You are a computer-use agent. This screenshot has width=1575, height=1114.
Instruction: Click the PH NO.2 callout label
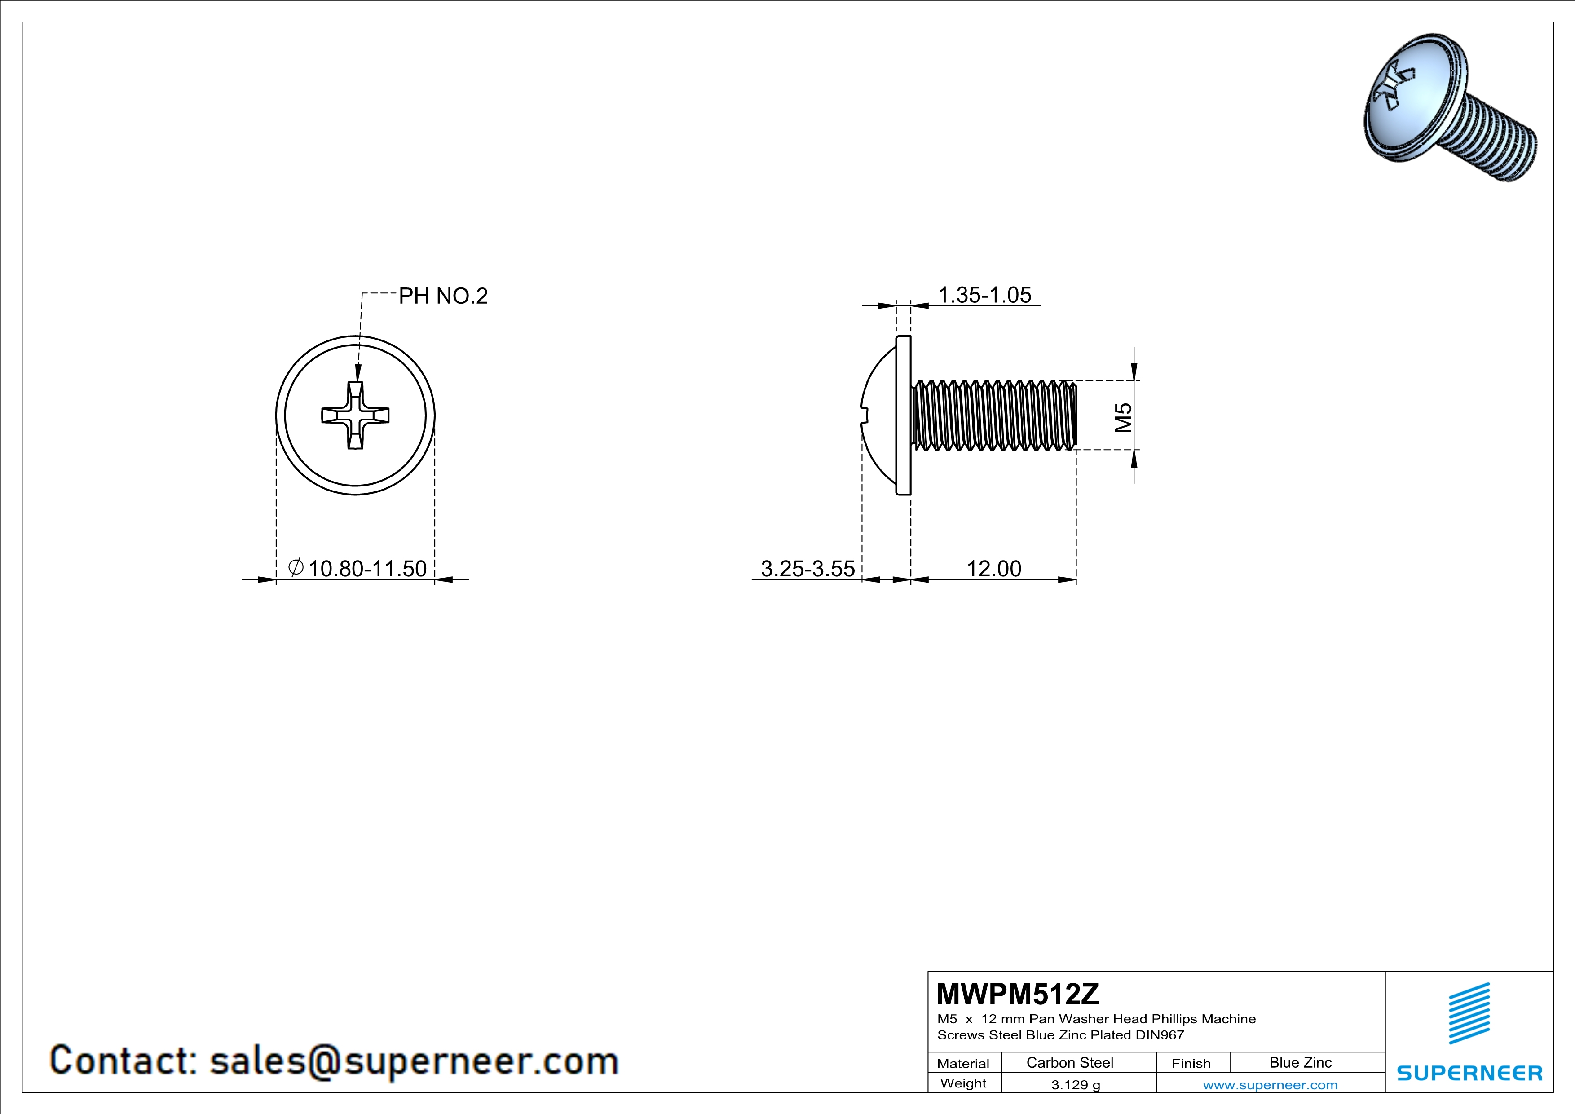point(443,296)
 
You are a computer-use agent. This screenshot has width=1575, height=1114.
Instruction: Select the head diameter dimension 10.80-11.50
point(368,569)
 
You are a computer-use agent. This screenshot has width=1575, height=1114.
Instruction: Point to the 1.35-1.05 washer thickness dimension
point(984,295)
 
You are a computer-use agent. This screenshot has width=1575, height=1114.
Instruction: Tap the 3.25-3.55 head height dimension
point(808,569)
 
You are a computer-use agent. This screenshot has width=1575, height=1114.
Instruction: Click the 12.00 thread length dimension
point(994,569)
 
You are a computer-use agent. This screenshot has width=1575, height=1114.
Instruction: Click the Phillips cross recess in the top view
point(355,416)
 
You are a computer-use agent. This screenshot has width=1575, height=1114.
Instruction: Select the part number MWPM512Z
point(1017,993)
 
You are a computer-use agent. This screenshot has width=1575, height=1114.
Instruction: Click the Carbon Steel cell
point(1069,1062)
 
